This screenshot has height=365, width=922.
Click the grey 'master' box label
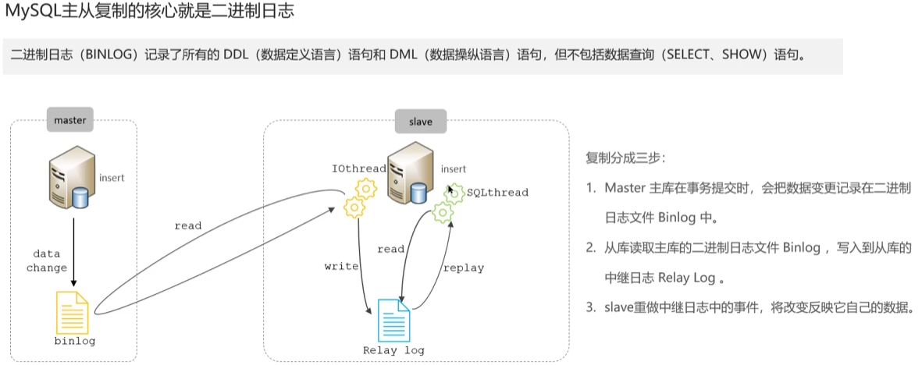70,120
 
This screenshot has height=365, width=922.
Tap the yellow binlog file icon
73,311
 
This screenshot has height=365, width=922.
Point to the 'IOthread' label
358,168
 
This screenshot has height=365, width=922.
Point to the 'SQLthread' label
497,192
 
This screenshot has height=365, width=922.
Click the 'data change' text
47,261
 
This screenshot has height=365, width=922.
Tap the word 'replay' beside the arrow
463,268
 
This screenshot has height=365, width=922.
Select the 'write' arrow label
341,266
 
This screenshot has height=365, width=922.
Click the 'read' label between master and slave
187,225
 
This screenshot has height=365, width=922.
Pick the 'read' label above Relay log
390,249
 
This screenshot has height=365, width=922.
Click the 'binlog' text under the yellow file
74,342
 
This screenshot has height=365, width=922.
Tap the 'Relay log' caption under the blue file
393,350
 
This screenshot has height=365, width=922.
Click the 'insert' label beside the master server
112,178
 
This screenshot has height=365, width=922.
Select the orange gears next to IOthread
360,197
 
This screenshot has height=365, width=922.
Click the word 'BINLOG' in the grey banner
115,56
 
